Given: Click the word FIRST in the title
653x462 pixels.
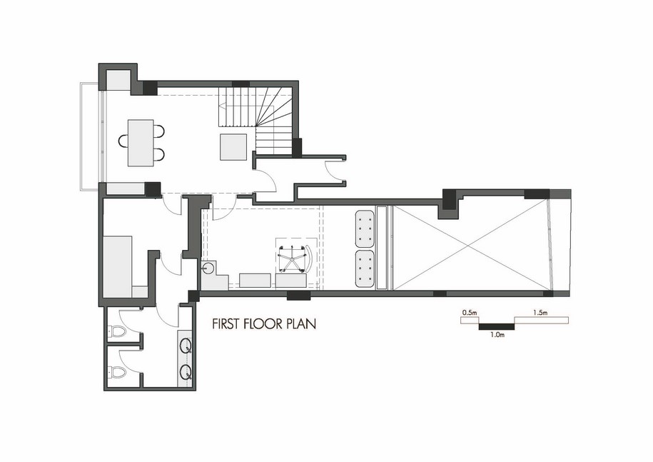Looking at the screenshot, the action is pyautogui.click(x=225, y=323).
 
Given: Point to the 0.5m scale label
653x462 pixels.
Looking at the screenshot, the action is pyautogui.click(x=470, y=312).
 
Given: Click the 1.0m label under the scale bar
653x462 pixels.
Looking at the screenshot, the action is pyautogui.click(x=497, y=334).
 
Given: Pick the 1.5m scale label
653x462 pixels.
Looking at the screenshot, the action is pyautogui.click(x=540, y=312).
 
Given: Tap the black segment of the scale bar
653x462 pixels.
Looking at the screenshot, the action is pyautogui.click(x=497, y=326).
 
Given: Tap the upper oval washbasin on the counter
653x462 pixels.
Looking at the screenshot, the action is pyautogui.click(x=186, y=346).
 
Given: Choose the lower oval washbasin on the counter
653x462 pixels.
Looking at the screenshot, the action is pyautogui.click(x=186, y=371).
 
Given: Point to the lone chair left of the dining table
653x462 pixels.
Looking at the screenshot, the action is pyautogui.click(x=123, y=141).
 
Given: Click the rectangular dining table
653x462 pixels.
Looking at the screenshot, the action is pyautogui.click(x=141, y=143).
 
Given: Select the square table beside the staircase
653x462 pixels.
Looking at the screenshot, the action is pyautogui.click(x=233, y=146).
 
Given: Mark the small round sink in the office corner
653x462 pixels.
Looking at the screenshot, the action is pyautogui.click(x=208, y=267).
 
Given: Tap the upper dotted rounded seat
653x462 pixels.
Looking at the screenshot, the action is pyautogui.click(x=365, y=229).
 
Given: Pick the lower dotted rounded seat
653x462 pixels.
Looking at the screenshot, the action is pyautogui.click(x=365, y=269).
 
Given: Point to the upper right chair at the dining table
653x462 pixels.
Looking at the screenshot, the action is pyautogui.click(x=158, y=131).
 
